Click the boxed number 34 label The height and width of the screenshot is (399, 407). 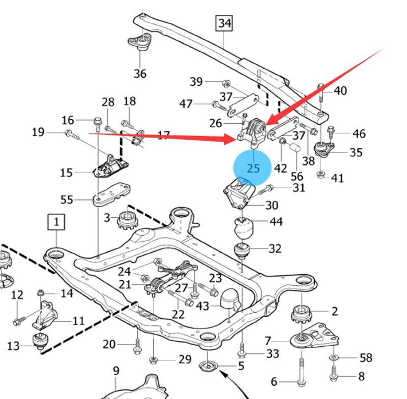pos(224,23)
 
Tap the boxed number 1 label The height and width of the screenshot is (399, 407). pos(56,222)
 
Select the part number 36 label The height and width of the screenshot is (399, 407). pos(140,74)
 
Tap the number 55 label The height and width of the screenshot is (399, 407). pos(67,200)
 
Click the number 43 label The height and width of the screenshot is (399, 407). pos(202,306)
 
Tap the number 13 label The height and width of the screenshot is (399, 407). pos(14,346)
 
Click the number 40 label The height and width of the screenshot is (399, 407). pos(340,91)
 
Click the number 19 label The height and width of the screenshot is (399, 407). pos(38,132)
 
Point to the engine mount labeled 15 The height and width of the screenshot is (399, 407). pos(109,166)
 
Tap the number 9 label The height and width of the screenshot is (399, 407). pos(116,371)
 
